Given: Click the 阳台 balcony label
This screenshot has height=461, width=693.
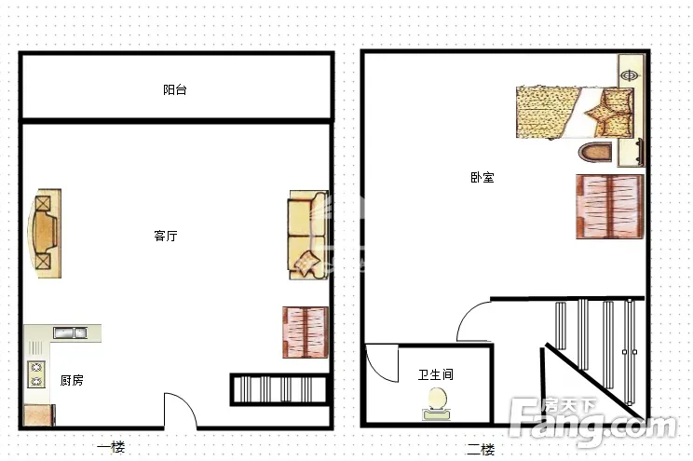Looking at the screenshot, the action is point(175,89).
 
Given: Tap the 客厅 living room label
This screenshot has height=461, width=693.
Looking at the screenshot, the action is point(166,236).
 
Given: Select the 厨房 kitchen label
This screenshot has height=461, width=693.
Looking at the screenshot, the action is point(72,380).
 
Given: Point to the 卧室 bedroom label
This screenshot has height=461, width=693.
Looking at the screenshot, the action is point(482,178).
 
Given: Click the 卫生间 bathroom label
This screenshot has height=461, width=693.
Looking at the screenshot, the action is point(436,374).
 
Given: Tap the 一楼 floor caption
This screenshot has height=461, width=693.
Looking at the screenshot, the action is point(111,447).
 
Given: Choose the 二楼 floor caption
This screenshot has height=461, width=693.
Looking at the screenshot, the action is point(481,450).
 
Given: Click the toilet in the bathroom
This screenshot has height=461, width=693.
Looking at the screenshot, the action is point(437,404).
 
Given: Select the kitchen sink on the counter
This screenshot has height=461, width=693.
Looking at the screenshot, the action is point(70,332).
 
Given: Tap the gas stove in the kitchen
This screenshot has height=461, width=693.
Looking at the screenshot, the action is point(36,374).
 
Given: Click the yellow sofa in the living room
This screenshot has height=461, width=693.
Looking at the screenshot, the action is point(308,235).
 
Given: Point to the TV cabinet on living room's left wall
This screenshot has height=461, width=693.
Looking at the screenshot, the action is point(45,234).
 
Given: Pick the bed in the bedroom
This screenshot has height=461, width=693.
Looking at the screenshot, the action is point(575,113).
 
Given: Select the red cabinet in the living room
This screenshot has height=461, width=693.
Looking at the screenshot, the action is point(306,332).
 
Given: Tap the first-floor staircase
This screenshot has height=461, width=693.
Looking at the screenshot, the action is point(279,389).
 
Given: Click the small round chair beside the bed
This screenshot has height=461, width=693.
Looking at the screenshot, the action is point(595,152).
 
